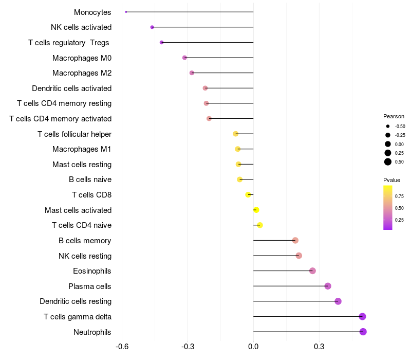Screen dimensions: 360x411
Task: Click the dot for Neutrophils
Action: click(363, 332)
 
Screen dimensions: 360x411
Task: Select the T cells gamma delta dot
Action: click(362, 316)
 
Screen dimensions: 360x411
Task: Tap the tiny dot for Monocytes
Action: click(126, 12)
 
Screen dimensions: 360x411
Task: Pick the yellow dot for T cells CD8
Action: click(248, 194)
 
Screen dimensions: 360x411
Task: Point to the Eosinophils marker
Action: click(312, 271)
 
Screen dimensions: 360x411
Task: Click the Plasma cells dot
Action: click(328, 286)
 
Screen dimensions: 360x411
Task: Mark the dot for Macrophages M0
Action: click(184, 58)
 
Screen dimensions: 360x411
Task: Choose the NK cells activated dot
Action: click(152, 27)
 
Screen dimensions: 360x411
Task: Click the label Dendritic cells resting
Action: click(76, 301)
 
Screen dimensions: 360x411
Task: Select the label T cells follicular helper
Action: click(74, 134)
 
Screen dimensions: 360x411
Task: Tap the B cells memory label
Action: click(85, 241)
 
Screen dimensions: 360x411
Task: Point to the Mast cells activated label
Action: click(78, 210)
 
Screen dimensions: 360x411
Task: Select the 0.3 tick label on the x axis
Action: click(319, 347)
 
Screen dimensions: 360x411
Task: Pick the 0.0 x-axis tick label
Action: click(253, 347)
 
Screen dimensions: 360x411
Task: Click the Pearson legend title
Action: click(394, 116)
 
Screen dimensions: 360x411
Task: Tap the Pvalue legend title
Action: click(391, 180)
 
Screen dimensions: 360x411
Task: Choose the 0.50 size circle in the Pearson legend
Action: click(388, 162)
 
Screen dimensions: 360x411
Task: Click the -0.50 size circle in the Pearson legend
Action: click(388, 126)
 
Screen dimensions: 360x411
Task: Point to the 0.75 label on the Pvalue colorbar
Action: click(399, 196)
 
